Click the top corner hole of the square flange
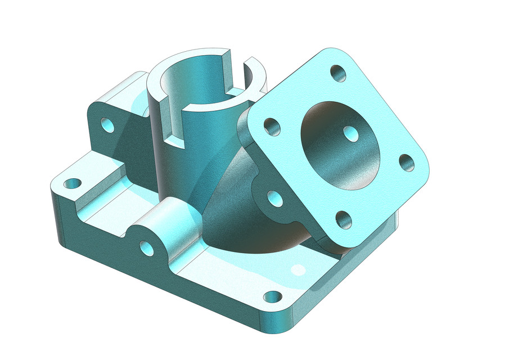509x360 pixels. point(337,73)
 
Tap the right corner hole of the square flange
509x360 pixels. point(406,163)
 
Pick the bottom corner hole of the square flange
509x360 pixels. point(343,219)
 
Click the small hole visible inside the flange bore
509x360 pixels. point(352,134)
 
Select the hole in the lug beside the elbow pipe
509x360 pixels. point(274,197)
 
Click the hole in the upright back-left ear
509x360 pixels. point(107,124)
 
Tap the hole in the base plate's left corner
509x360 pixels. point(72,183)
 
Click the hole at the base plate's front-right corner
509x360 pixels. point(272,296)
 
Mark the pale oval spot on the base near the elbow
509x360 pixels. point(298,270)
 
